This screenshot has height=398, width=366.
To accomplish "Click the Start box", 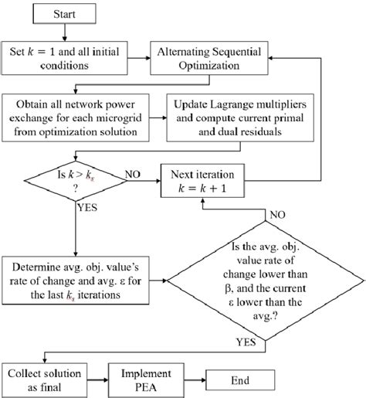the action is tap(64, 14).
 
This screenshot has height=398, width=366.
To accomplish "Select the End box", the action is tap(240, 380).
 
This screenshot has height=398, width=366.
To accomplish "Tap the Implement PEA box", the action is tap(146, 380).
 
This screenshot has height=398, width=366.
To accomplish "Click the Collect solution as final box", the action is tap(44, 380).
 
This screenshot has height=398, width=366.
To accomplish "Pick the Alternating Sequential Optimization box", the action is tap(209, 58).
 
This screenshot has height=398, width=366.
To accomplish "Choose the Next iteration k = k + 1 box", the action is tap(202, 181).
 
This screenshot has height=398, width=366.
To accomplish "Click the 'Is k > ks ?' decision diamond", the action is tap(76, 181).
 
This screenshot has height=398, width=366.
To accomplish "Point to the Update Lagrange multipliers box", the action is tap(240, 117).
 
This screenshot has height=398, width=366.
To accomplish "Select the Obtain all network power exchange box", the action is tap(76, 117).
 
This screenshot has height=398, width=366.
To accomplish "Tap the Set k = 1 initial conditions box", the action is tap(64, 58).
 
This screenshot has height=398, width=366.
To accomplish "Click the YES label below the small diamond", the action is tap(87, 207).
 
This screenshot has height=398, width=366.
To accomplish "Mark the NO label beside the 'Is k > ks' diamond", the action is tap(133, 175).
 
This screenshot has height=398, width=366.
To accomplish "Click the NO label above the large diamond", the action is tap(277, 215).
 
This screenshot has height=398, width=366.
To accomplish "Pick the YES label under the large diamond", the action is tap(246, 342).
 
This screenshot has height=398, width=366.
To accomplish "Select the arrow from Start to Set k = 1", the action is tap(65, 32).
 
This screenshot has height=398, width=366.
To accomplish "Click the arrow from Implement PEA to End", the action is tap(195, 380).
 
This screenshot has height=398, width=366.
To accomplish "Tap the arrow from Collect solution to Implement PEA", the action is tap(97, 380).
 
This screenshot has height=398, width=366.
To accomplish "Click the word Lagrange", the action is tap(232, 105).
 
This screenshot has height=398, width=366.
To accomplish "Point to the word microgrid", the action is tap(119, 118).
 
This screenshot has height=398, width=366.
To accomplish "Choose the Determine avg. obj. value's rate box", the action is tap(76, 281).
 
